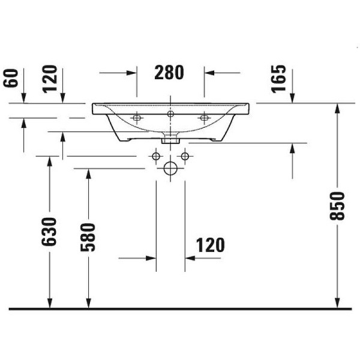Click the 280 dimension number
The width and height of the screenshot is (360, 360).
pos(169,73)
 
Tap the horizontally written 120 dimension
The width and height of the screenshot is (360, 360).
pos(210,245)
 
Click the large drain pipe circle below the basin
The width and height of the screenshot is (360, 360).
pos(170,169)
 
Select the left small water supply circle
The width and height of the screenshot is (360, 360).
pos(156,157)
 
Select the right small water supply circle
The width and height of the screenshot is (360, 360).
pos(185,157)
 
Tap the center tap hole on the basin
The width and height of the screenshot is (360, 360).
pos(170,113)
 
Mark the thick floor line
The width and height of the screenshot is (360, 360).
pos(180,309)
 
